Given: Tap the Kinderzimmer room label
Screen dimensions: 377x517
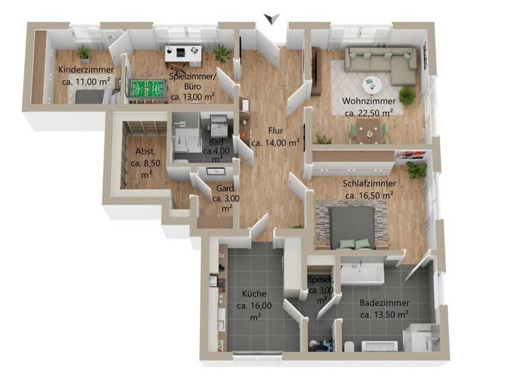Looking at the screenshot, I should [x=85, y=75].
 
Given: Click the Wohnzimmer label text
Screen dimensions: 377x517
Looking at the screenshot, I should [x=368, y=102].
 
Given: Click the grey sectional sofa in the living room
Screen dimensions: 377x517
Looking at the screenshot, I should [x=381, y=62].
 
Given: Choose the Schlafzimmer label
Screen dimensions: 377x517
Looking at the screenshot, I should [x=368, y=184].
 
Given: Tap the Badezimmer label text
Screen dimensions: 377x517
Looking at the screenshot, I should [x=384, y=303].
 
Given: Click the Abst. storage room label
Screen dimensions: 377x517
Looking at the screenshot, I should [x=145, y=151].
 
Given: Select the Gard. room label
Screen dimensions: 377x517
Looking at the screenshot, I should [x=225, y=189].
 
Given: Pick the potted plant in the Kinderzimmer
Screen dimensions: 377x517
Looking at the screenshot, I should [x=83, y=53].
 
